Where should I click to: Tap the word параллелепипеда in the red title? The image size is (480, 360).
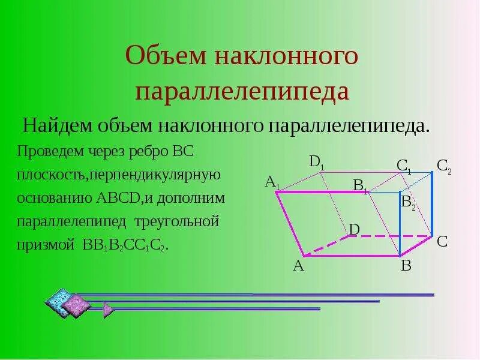[x=242, y=91]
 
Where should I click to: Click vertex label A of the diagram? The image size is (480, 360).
[x=298, y=266]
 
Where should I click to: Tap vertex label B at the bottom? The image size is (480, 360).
[x=406, y=266]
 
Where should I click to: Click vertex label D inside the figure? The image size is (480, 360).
[x=354, y=229]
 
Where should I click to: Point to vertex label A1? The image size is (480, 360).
[x=272, y=181]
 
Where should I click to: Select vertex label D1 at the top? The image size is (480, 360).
[x=316, y=161]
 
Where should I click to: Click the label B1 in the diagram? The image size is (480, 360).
[x=361, y=186]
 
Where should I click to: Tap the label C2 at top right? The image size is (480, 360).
[x=444, y=166]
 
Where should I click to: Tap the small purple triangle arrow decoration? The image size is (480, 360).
[x=108, y=309]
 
